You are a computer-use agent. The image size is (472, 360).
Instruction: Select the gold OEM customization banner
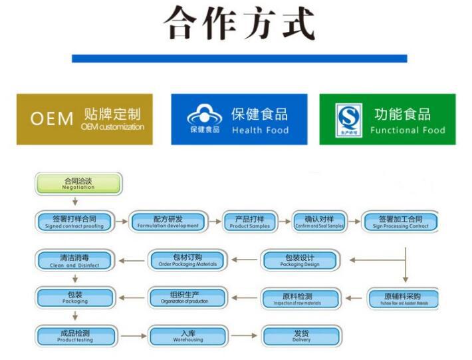(x=84, y=119)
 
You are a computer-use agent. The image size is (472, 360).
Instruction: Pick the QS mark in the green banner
(x=348, y=118)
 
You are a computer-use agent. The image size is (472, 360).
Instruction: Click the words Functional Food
(x=408, y=130)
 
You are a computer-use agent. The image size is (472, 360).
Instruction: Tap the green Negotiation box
(x=78, y=183)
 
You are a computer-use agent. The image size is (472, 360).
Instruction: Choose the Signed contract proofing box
(x=74, y=222)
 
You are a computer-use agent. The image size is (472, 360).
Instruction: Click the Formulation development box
(x=168, y=222)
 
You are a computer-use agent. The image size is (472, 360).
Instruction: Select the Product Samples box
(x=249, y=222)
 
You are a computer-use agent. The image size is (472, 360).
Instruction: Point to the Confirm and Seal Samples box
(x=319, y=222)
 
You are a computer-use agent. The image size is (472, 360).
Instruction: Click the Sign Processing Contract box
(x=400, y=222)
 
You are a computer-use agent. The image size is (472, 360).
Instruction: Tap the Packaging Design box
(x=300, y=260)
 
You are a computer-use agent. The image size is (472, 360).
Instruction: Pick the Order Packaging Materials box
(x=187, y=260)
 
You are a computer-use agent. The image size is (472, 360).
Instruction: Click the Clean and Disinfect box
(x=74, y=260)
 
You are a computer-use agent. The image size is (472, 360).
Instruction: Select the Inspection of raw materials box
(x=300, y=299)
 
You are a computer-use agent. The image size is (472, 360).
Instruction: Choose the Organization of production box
(x=187, y=299)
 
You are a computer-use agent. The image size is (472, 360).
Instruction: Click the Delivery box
(x=301, y=336)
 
